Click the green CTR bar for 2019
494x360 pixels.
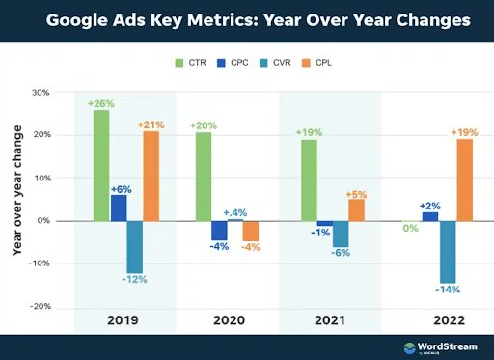101,165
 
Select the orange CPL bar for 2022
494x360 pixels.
465,180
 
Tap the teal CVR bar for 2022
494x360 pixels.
448,251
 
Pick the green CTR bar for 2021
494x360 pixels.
309,180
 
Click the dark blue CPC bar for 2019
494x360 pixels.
119,208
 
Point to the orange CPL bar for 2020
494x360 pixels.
251,231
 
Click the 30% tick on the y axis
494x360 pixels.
41,94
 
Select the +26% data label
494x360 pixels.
99,102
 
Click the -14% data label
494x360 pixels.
448,290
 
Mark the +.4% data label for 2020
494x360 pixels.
236,211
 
